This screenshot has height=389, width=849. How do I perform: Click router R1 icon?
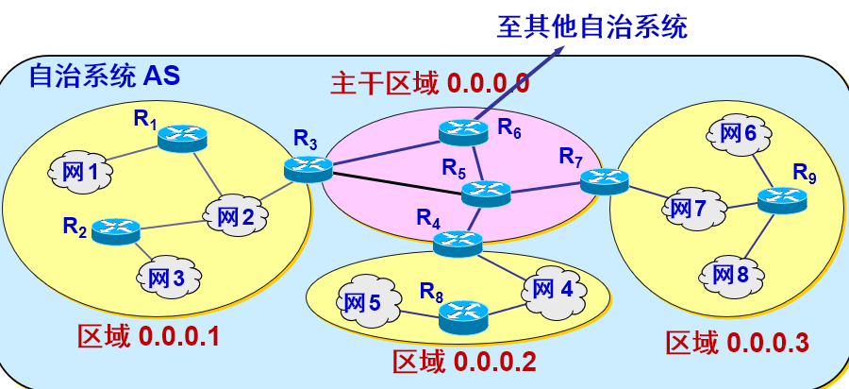[181, 138]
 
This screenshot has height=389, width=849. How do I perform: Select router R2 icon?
[116, 228]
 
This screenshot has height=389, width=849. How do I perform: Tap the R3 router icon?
[308, 169]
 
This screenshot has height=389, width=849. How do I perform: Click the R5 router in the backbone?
[487, 194]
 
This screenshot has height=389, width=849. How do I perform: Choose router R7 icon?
[605, 179]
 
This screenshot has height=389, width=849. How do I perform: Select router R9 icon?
[782, 199]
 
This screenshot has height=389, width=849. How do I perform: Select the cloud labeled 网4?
[552, 288]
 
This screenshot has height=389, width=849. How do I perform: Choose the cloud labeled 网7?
[696, 208]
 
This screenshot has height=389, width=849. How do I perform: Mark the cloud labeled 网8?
[729, 275]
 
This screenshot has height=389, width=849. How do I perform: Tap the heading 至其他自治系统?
[592, 25]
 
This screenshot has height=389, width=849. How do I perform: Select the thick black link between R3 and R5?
[396, 180]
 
